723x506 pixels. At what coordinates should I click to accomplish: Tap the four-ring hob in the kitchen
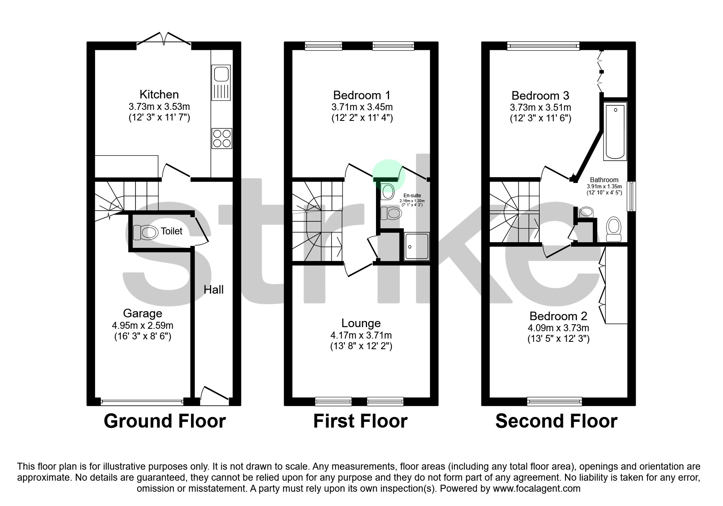point(222,138)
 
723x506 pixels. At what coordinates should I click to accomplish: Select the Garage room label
point(142,314)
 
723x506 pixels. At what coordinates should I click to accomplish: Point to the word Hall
point(214,290)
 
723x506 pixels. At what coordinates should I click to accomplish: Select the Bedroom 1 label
point(361,96)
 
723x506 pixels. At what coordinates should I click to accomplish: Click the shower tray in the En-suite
point(416,247)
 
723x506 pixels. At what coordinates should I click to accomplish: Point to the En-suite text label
point(412,196)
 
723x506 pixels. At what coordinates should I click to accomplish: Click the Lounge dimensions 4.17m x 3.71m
point(361,336)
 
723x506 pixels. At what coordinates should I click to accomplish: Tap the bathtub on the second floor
point(615,131)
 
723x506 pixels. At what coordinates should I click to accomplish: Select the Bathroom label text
point(604,180)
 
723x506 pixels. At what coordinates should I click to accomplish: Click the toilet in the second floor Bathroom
point(613,230)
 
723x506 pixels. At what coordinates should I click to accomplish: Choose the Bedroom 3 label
point(540,96)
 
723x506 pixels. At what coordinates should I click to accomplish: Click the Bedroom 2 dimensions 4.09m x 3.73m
point(558,328)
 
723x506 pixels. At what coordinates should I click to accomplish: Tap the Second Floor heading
point(556,421)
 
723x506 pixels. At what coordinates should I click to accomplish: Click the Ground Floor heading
point(165,421)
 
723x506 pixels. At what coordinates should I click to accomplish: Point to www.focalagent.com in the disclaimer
point(536,488)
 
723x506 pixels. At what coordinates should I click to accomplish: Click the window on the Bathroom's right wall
point(631,196)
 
